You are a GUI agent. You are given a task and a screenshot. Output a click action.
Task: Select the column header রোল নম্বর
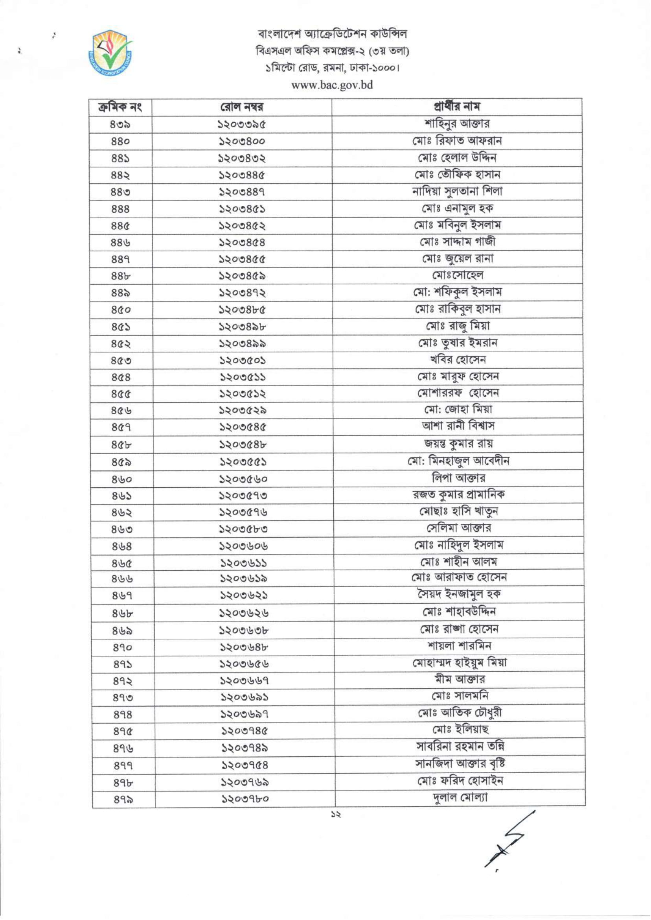pyautogui.click(x=242, y=107)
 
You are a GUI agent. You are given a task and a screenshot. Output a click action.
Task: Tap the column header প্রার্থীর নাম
pyautogui.click(x=456, y=106)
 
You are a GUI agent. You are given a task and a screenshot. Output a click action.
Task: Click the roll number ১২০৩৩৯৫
pyautogui.click(x=242, y=125)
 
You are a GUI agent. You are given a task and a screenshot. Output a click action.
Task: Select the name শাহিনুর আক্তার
pyautogui.click(x=457, y=124)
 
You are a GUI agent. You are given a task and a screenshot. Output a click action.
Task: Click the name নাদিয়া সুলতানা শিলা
pyautogui.click(x=457, y=191)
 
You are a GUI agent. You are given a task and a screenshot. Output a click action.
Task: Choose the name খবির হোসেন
pyautogui.click(x=457, y=360)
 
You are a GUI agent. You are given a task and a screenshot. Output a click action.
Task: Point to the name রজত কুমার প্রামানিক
pyautogui.click(x=459, y=494)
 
